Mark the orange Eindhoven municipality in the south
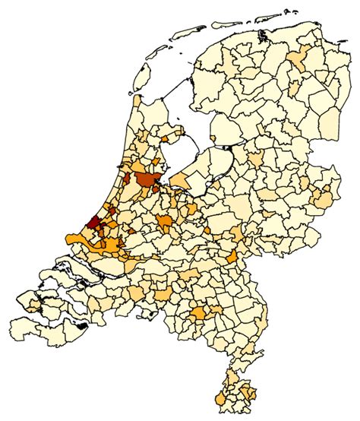click(201, 314)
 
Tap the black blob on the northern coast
click(264, 35)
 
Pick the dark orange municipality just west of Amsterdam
click(128, 182)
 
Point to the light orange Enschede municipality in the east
click(324, 200)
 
